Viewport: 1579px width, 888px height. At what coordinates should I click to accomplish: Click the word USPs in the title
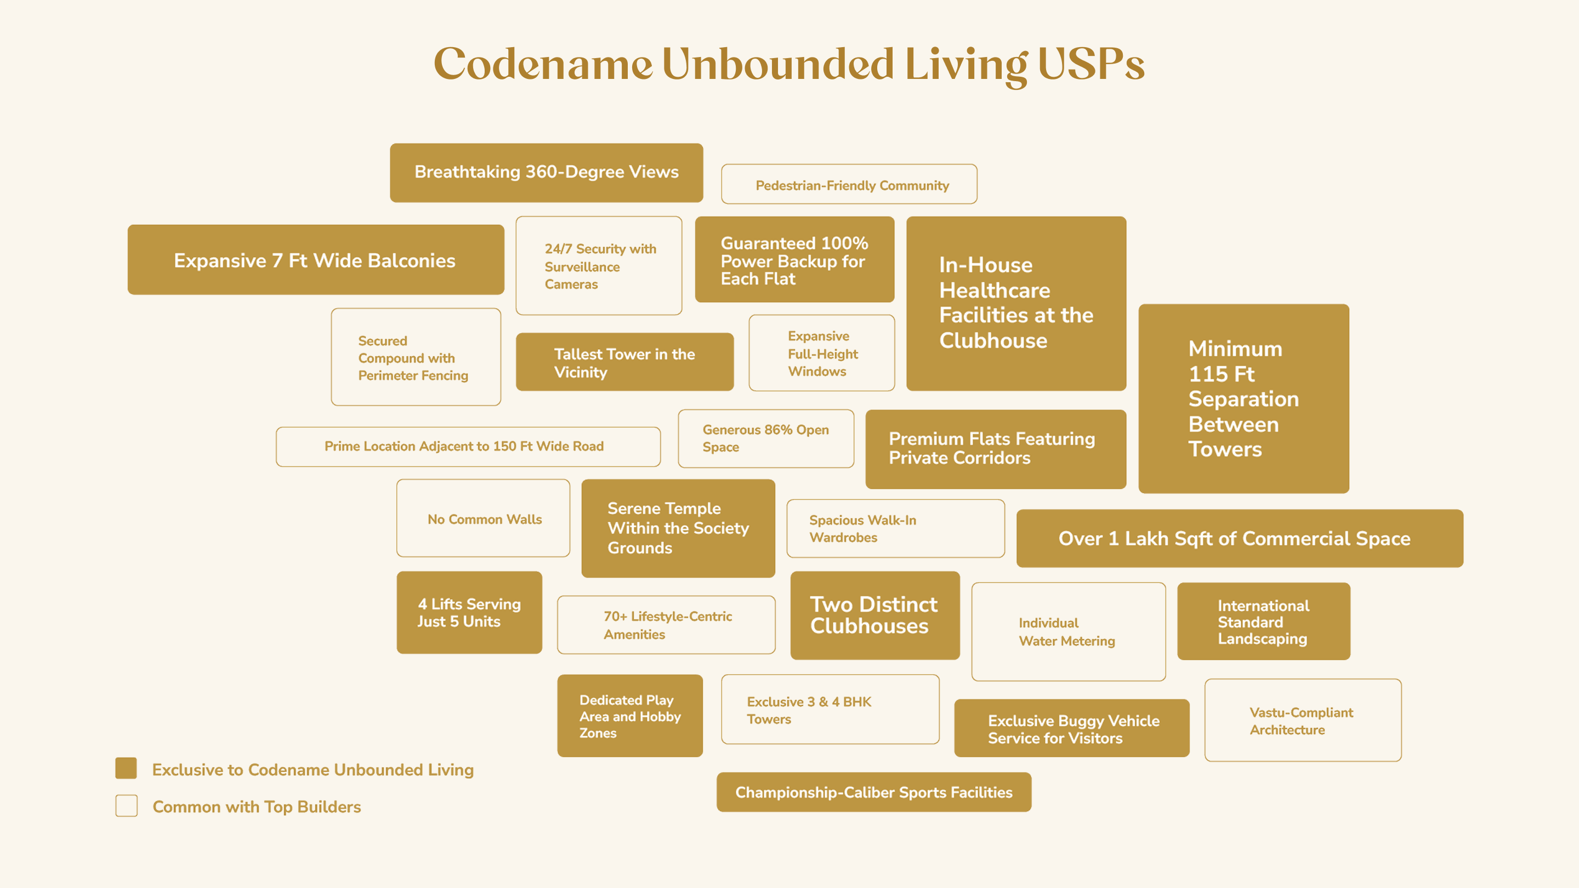[1091, 64]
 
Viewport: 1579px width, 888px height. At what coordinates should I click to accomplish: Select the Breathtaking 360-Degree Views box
[546, 172]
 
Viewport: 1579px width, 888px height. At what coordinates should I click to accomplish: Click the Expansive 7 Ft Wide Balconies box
[316, 260]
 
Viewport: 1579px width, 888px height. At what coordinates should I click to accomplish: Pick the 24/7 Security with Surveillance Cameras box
[599, 265]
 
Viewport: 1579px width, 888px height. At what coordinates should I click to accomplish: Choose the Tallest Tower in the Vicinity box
[624, 362]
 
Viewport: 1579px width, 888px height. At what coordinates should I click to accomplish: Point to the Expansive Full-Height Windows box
[821, 353]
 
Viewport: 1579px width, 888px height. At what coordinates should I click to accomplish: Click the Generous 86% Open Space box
[765, 438]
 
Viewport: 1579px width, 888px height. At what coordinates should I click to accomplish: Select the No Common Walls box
[483, 519]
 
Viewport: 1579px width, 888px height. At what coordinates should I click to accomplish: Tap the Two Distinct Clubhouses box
[874, 615]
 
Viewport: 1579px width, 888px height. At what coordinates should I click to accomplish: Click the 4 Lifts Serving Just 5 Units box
[469, 612]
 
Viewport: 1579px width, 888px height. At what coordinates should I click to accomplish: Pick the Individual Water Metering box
[1069, 631]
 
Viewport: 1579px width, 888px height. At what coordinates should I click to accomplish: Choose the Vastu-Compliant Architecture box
[1303, 720]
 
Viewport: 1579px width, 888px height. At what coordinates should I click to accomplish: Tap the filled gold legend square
[126, 769]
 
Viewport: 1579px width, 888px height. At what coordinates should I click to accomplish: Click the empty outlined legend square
[126, 806]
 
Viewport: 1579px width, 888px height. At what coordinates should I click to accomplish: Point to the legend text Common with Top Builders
[257, 806]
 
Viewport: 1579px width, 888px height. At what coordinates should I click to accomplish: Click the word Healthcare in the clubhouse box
[994, 290]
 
